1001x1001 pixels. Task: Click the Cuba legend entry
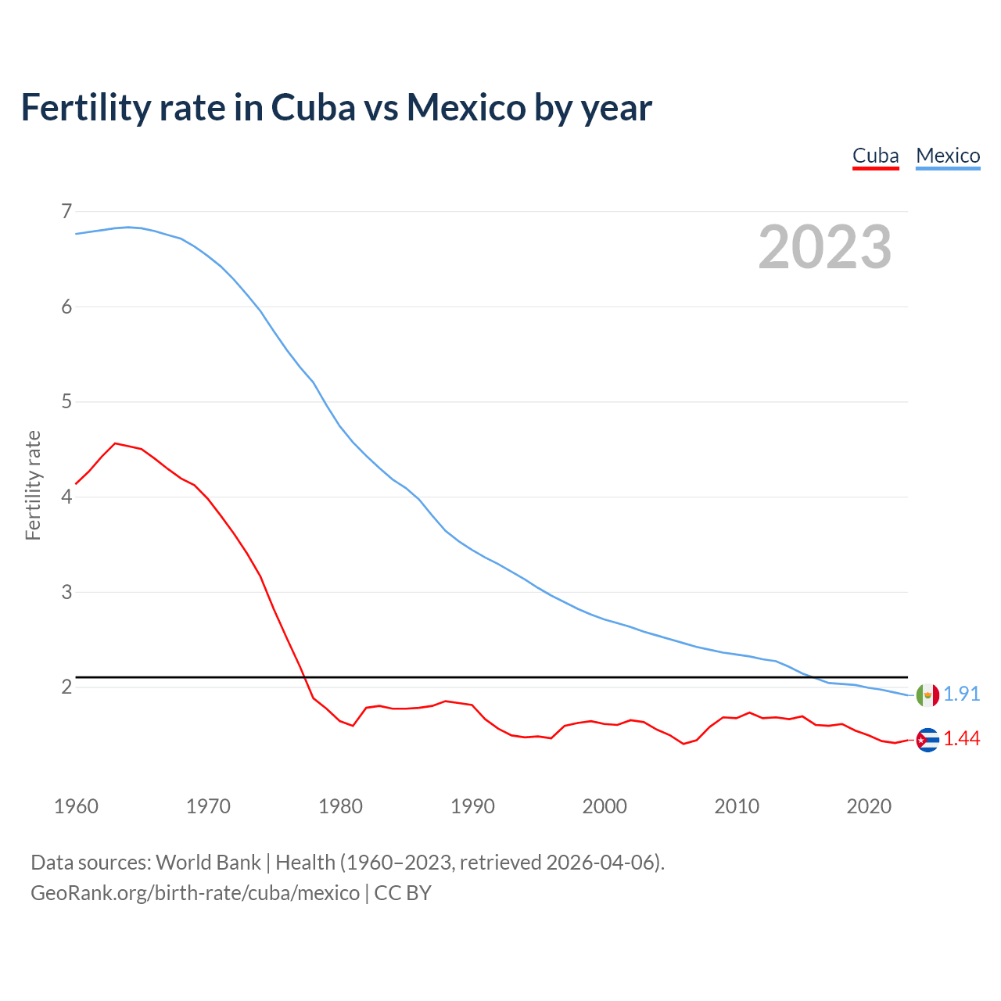click(x=875, y=156)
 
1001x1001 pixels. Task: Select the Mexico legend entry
click(x=948, y=156)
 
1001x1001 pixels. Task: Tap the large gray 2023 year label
click(x=825, y=247)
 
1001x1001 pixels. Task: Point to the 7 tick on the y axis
click(x=66, y=211)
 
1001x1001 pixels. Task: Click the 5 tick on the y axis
click(x=66, y=402)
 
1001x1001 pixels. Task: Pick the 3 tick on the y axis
click(x=66, y=592)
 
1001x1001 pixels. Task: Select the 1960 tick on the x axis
click(x=76, y=806)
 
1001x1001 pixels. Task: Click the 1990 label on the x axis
click(x=472, y=806)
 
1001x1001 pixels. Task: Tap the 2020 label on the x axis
click(x=869, y=806)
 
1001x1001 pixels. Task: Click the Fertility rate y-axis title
click(x=33, y=485)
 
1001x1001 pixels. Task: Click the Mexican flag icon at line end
click(x=927, y=694)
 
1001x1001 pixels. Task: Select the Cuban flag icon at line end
click(x=927, y=740)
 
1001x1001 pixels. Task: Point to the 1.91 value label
click(x=961, y=694)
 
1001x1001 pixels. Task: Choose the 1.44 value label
click(x=961, y=739)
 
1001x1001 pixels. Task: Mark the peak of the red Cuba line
click(x=115, y=443)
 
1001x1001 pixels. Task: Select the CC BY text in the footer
click(x=403, y=893)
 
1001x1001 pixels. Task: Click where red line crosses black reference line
click(x=303, y=676)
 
